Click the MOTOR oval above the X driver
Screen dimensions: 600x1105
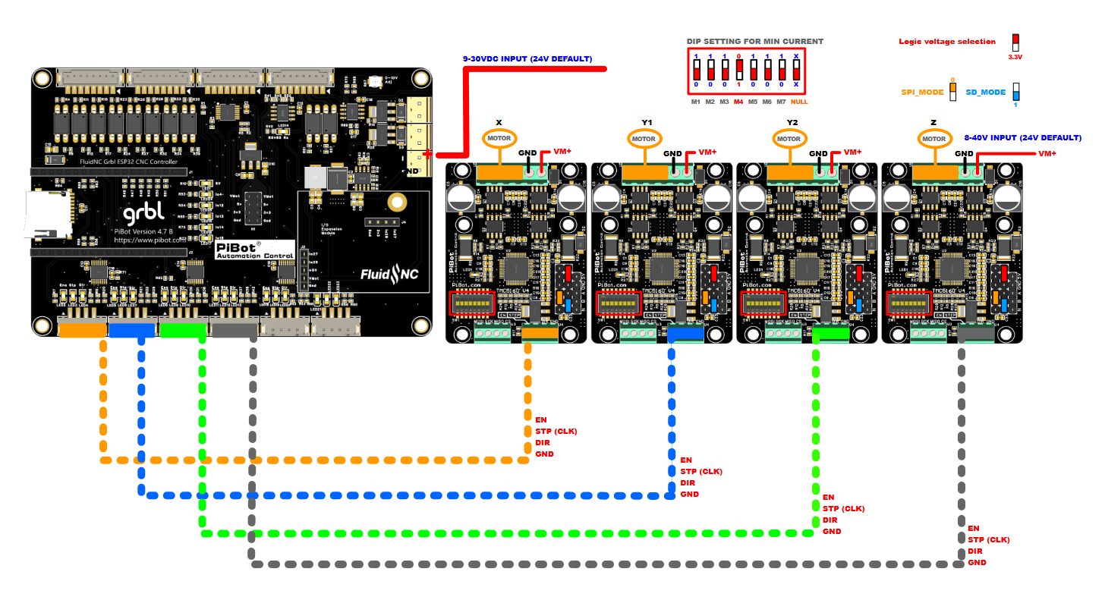[500, 139]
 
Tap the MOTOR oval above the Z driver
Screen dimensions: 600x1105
[934, 139]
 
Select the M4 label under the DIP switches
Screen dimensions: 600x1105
[738, 102]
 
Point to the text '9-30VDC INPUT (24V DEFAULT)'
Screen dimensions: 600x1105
[527, 58]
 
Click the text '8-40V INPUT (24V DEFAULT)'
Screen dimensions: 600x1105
[1022, 138]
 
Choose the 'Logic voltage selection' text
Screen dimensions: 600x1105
[947, 42]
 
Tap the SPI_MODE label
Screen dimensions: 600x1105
[922, 92]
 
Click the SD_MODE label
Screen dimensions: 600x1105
[985, 93]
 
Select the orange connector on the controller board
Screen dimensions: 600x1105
[82, 329]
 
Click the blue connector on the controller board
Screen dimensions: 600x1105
[131, 329]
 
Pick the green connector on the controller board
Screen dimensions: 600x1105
[182, 329]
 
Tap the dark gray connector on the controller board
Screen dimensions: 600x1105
[233, 329]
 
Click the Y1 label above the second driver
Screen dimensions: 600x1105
[647, 122]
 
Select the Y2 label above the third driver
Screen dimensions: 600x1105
[792, 122]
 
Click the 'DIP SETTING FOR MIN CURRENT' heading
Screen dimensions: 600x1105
[754, 42]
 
